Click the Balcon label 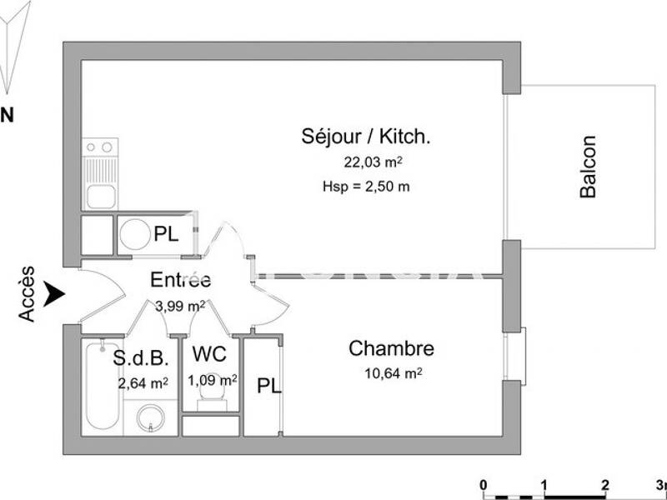589,167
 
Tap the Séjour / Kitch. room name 366,137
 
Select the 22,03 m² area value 374,162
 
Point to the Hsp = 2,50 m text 366,187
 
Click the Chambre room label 391,348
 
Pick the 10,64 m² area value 392,373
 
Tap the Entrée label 180,280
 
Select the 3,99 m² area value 180,306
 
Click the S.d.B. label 142,358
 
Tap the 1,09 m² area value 213,380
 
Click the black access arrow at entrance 55,293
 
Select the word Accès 28,293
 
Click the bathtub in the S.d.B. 102,387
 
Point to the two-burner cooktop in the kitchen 100,147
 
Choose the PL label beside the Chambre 268,387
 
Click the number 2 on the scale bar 604,485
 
